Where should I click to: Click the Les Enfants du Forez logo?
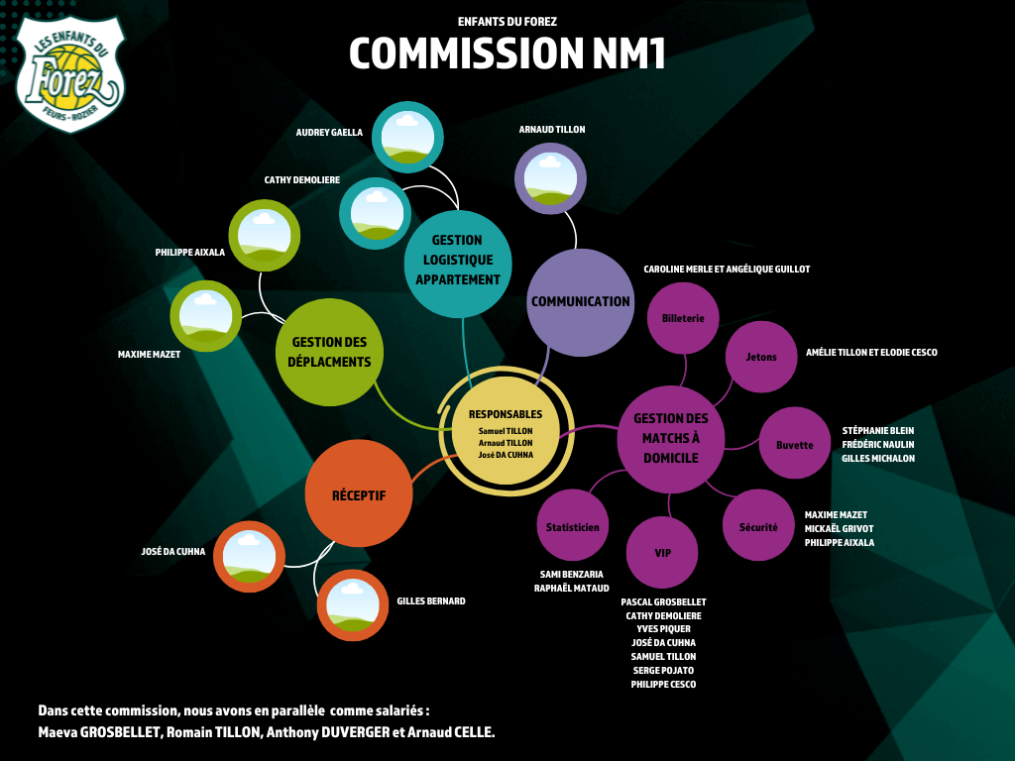[70, 74]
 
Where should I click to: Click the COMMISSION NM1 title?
[507, 54]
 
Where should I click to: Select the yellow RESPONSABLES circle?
[506, 434]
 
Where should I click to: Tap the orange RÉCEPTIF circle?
[358, 494]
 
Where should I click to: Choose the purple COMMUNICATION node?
[580, 301]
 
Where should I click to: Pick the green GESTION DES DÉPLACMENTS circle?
[329, 352]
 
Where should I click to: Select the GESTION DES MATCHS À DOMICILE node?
[670, 438]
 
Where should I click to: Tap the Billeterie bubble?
[683, 318]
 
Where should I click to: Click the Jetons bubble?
[761, 357]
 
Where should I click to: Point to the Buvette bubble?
[794, 444]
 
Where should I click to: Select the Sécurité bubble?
[758, 527]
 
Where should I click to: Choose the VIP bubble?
[662, 552]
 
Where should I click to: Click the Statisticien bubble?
[572, 527]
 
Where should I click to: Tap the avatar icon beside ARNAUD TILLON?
[550, 178]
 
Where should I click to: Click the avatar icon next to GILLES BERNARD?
[352, 604]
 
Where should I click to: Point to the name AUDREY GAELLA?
[329, 132]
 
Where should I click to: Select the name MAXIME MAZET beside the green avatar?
[149, 354]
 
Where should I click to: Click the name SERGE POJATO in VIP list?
[663, 670]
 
